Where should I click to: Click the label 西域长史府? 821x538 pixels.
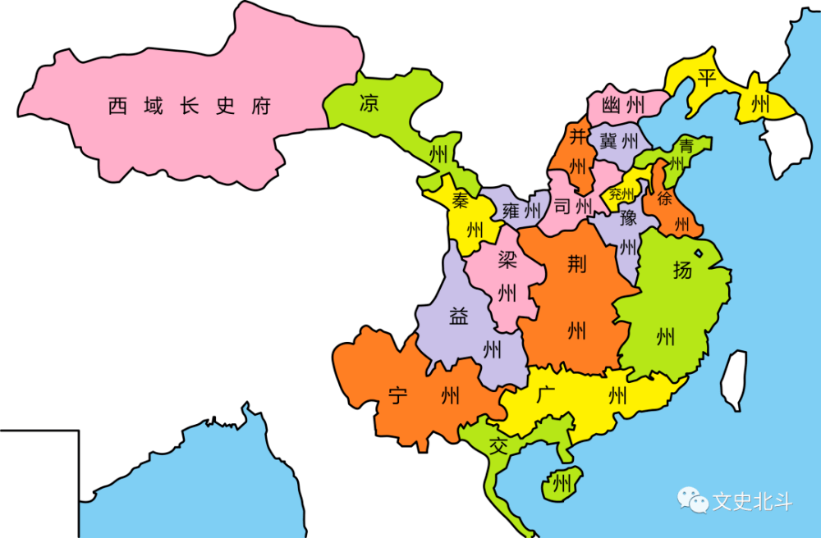189,107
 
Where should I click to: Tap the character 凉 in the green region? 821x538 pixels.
369,103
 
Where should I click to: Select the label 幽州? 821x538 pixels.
622,106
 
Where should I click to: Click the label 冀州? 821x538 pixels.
619,140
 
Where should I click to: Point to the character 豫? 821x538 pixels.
628,217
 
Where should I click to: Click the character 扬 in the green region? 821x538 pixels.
681,269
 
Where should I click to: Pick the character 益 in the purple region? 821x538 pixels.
458,317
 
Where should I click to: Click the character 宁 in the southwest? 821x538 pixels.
398,398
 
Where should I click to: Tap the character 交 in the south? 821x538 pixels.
498,447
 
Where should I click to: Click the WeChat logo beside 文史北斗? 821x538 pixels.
691,499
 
